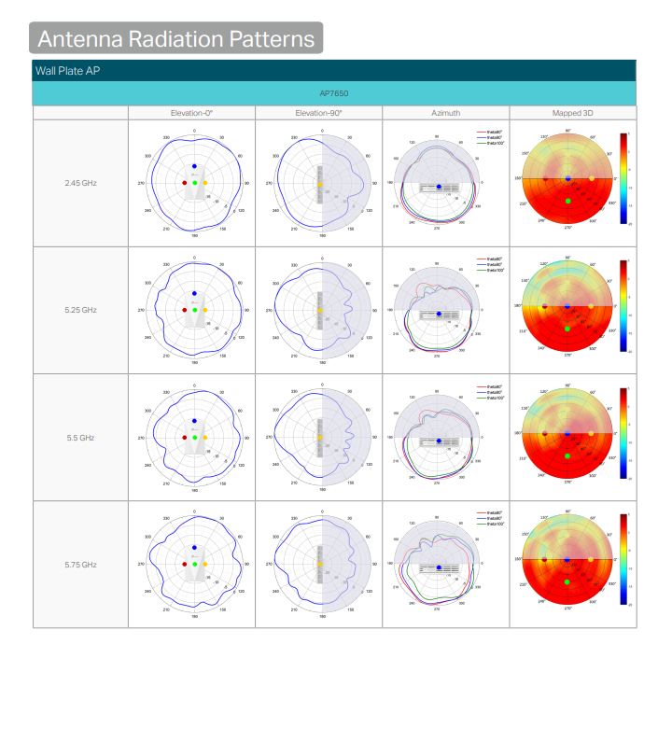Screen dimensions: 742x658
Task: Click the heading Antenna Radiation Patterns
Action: click(177, 38)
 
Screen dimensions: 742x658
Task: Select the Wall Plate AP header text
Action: click(67, 71)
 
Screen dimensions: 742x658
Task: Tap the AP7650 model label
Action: click(334, 93)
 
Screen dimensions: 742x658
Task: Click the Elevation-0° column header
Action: click(191, 113)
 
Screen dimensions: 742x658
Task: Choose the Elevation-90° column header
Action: click(318, 113)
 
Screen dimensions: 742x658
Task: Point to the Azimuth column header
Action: click(445, 113)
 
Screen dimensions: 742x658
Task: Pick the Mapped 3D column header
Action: click(573, 113)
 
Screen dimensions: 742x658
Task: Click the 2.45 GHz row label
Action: click(80, 183)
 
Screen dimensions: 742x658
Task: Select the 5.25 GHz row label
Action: click(80, 310)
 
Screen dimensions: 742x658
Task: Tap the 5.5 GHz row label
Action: click(80, 437)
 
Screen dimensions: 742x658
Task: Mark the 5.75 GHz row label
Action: click(80, 565)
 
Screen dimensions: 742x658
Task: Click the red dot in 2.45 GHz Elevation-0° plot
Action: click(185, 183)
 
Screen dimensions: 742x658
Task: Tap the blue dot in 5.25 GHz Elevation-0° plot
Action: click(195, 293)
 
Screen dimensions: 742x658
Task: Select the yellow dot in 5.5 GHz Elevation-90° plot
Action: click(320, 438)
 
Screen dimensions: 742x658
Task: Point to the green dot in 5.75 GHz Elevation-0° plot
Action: click(195, 565)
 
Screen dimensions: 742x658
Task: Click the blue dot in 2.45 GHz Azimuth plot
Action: click(439, 188)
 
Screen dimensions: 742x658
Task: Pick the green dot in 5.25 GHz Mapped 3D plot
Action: click(567, 328)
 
